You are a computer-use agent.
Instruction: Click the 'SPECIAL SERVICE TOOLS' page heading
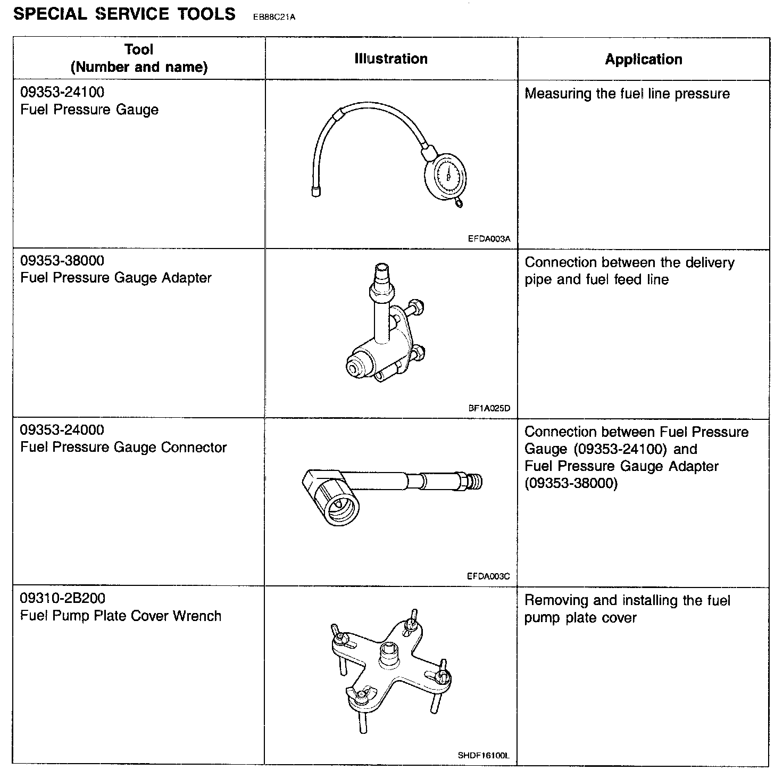pos(124,14)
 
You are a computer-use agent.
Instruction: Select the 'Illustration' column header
pos(391,59)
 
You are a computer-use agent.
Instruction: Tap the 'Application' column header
pos(644,59)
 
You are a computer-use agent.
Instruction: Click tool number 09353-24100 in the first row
pos(62,92)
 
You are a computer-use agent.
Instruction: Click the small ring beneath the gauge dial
pos(459,202)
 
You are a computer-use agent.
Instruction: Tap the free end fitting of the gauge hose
pos(315,192)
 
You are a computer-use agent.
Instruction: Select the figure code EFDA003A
pos(489,239)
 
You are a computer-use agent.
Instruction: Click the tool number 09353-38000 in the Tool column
pos(62,261)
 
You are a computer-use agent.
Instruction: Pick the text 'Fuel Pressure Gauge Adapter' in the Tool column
pos(116,278)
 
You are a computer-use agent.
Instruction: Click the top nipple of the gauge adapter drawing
pos(381,272)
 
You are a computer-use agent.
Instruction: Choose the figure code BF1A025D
pos(489,408)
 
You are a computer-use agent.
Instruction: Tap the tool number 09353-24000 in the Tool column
pos(62,429)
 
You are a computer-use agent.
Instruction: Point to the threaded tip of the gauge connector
pos(474,482)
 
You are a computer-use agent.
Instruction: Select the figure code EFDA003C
pos(489,576)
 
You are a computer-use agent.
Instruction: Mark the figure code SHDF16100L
pos(484,755)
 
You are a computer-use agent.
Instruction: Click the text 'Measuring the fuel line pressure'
pos(627,94)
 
